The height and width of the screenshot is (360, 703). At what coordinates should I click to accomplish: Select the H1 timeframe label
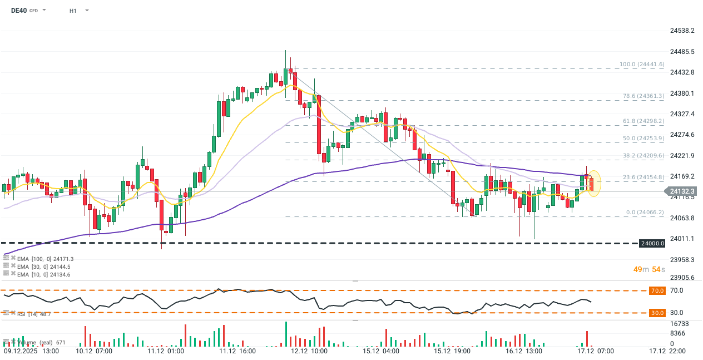click(x=73, y=11)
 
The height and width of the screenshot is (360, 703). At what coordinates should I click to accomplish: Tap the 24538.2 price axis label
click(x=682, y=31)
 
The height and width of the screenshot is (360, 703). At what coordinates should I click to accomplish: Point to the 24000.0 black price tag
click(x=652, y=243)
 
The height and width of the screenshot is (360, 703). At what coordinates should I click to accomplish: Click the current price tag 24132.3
click(x=684, y=191)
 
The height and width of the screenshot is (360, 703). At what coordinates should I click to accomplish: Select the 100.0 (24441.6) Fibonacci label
click(x=642, y=65)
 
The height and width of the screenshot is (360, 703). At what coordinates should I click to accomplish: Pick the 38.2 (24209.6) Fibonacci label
click(x=642, y=156)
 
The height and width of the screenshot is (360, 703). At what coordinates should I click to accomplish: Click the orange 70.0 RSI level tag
click(x=657, y=290)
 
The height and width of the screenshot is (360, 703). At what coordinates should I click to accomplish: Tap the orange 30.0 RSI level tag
click(x=657, y=313)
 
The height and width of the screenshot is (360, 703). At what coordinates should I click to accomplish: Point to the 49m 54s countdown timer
click(x=649, y=269)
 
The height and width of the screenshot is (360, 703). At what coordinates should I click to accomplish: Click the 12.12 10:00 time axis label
click(x=310, y=351)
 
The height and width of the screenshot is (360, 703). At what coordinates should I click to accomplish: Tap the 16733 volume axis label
click(x=679, y=323)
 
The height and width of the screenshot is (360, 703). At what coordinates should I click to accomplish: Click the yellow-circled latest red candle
click(x=592, y=184)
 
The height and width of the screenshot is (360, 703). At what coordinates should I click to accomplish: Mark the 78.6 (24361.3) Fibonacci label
click(x=642, y=96)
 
